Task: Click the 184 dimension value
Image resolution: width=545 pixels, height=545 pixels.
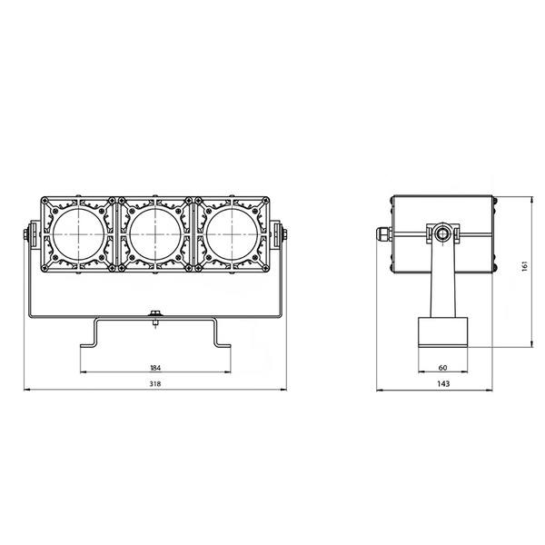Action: tap(155, 368)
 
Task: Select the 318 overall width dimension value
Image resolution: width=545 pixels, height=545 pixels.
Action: tap(155, 383)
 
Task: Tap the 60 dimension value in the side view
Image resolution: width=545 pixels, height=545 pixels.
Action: tap(443, 368)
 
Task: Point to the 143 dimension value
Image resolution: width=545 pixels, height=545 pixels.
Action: tap(443, 383)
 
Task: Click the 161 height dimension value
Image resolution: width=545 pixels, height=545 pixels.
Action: tap(525, 266)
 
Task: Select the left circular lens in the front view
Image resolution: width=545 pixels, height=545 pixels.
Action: tap(79, 234)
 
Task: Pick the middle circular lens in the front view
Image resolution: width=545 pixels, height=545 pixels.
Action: tap(155, 234)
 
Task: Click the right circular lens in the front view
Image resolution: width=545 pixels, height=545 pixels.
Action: tap(233, 234)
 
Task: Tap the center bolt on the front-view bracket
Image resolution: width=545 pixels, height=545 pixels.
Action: tap(155, 314)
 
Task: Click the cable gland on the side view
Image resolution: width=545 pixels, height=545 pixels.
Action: tap(384, 234)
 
